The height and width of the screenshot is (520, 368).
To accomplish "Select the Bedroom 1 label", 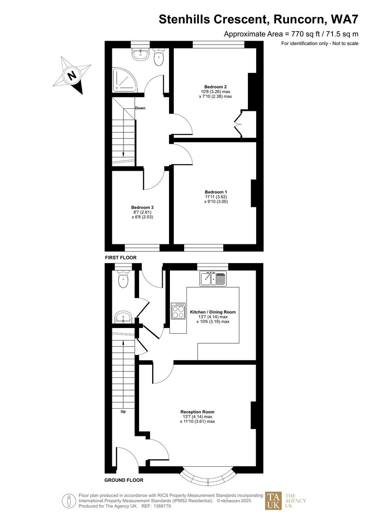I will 216,192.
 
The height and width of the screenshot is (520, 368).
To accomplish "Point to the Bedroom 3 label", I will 142,207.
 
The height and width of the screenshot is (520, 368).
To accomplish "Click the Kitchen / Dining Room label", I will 213,312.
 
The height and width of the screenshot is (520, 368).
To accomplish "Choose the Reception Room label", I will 197,412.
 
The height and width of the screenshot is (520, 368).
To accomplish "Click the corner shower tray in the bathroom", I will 124,81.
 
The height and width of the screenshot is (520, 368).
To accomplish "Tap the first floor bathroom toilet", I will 158,57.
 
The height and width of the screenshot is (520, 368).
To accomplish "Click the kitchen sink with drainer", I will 213,279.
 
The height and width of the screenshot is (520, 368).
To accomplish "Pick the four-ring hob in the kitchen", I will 178,311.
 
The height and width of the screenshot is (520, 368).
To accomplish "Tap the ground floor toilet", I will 124,279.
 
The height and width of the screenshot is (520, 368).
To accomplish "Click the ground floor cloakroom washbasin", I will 124,317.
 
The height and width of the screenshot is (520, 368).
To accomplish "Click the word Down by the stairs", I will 140,108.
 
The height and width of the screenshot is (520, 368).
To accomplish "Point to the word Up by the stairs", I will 123,411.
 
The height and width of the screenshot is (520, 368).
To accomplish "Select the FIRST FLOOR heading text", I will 120,257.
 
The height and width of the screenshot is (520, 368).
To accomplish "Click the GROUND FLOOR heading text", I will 124,480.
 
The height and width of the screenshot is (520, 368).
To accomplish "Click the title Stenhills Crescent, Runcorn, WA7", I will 258,19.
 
